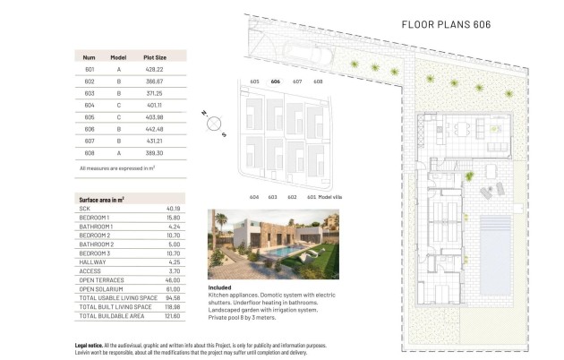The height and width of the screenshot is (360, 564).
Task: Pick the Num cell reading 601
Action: tap(89, 68)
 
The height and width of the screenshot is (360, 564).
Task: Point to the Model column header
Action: tap(118, 56)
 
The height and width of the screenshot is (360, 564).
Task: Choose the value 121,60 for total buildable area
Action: tap(173, 316)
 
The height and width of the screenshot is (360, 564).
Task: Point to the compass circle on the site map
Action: tap(214, 124)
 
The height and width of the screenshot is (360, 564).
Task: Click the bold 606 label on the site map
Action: tap(275, 81)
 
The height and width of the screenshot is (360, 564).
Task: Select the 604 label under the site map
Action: tap(254, 196)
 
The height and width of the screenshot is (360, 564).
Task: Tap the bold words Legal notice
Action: tap(92, 345)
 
